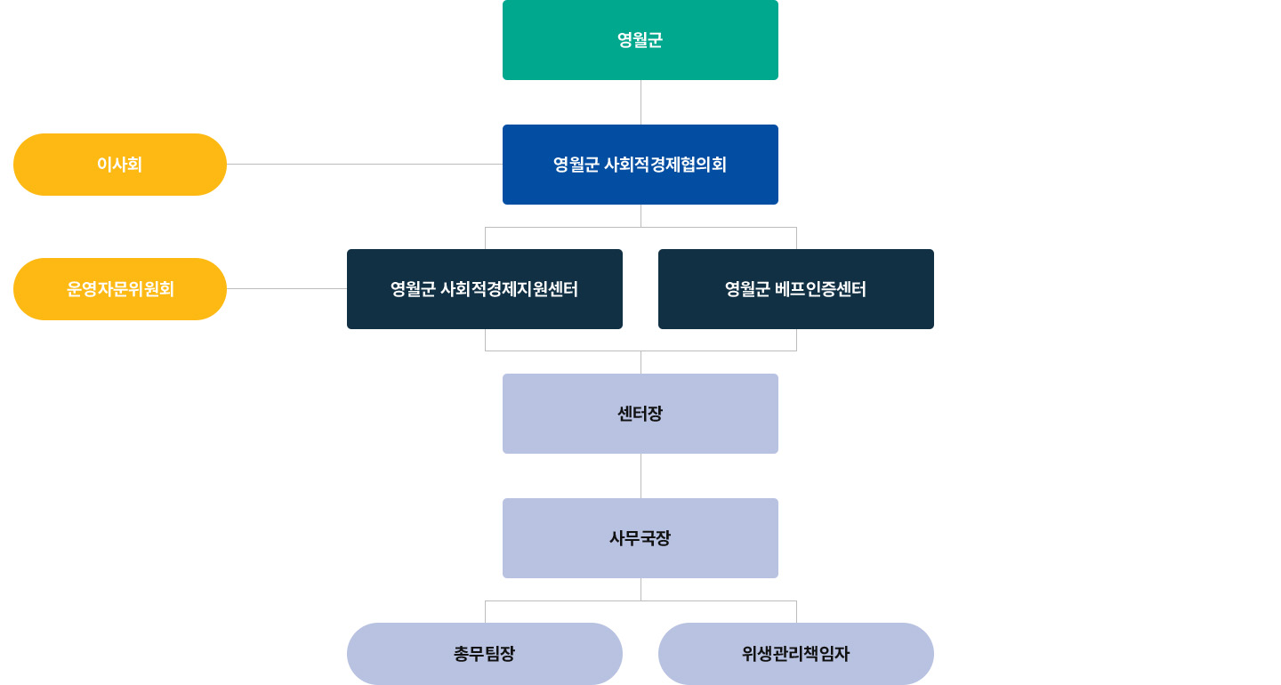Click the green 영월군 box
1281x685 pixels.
pos(640,40)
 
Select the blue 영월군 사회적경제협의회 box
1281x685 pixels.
pos(640,165)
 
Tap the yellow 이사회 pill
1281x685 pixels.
pos(120,165)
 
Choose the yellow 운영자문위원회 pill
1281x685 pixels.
pos(120,289)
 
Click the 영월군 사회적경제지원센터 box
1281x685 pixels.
pos(485,289)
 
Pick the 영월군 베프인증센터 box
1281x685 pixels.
pos(796,289)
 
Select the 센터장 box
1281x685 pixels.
pos(640,414)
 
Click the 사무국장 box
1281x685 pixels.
pos(640,538)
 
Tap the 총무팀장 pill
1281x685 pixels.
pos(485,654)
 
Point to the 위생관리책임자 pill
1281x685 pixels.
pos(796,654)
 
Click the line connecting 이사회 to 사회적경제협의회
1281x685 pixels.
pos(365,164)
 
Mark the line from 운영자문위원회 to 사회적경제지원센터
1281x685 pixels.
pos(286,288)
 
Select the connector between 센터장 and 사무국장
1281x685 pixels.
pos(640,476)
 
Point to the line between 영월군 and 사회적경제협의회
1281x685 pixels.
pos(640,102)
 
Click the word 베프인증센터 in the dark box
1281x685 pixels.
pos(820,289)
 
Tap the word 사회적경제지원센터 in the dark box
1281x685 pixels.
pos(510,289)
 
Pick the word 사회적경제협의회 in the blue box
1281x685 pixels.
pos(665,165)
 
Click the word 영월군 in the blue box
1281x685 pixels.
pos(576,165)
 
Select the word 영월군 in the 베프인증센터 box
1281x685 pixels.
pos(747,289)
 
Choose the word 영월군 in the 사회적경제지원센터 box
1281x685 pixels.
pos(413,289)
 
